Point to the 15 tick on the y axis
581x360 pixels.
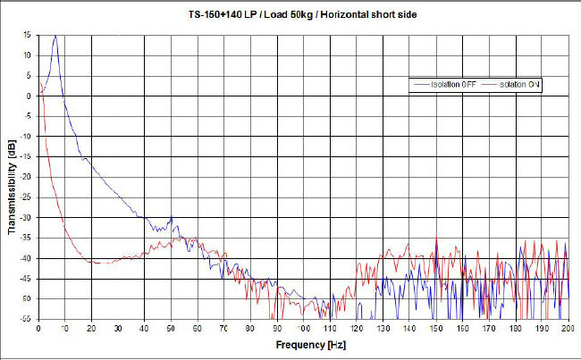tap(29, 35)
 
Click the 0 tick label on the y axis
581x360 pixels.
tap(30, 96)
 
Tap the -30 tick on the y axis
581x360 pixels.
tap(27, 217)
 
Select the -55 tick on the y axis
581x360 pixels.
tap(27, 319)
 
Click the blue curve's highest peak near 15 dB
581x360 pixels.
tap(55, 36)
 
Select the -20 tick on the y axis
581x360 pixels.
tap(27, 177)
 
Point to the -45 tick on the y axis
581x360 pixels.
tap(27, 278)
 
